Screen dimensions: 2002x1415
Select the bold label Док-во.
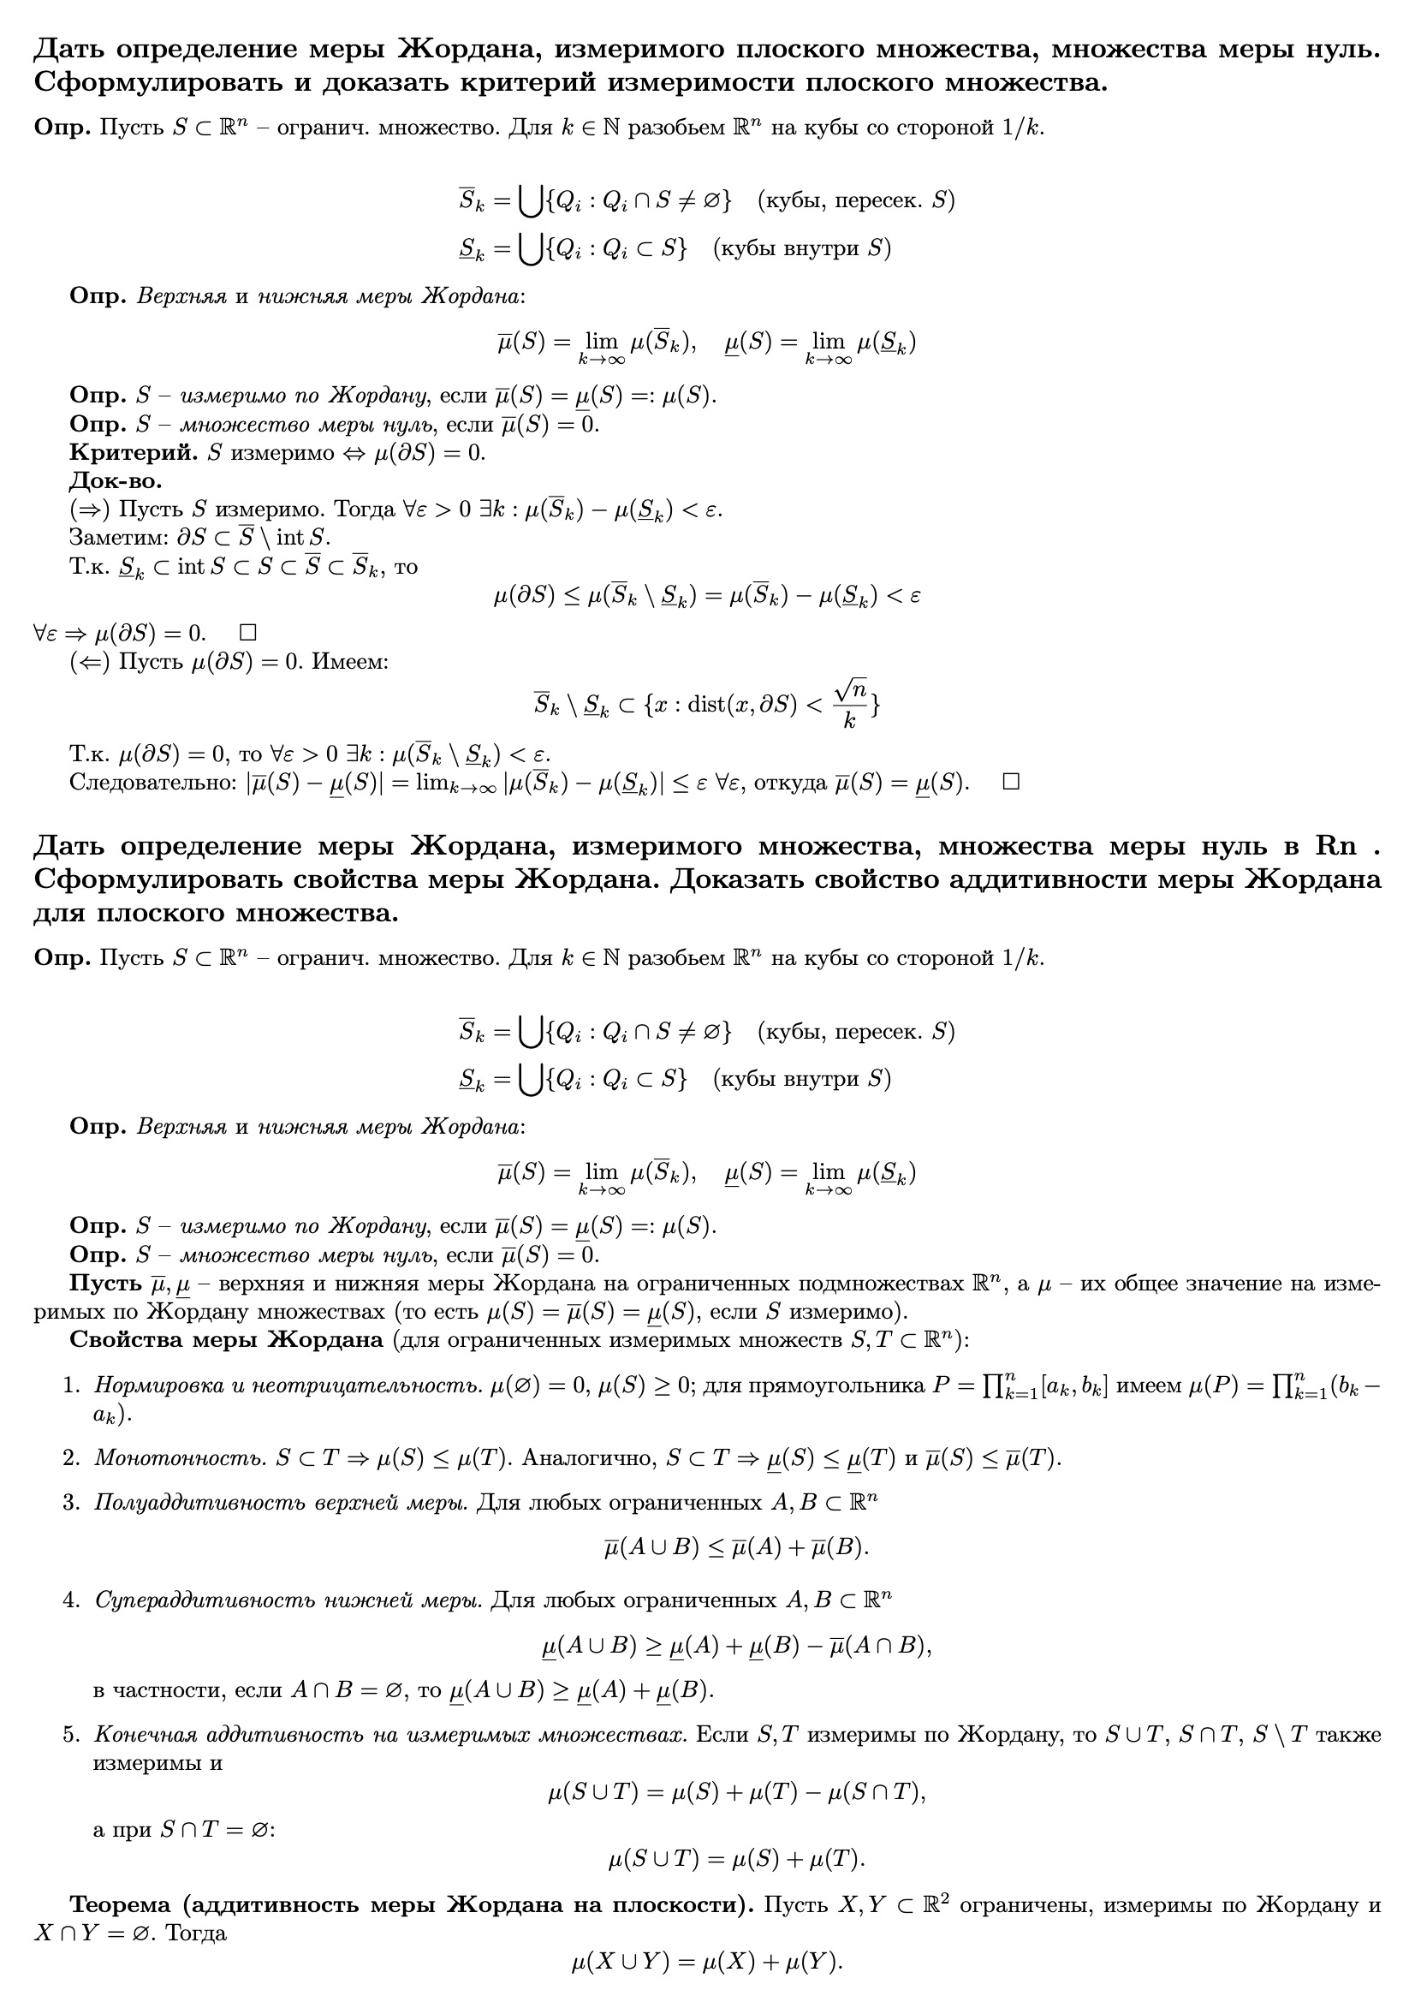[115, 480]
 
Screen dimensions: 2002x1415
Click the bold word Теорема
[122, 1904]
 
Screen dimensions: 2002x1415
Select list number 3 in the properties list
[72, 1503]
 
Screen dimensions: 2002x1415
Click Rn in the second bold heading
[1335, 846]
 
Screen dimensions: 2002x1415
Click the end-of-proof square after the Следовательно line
[1010, 781]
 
